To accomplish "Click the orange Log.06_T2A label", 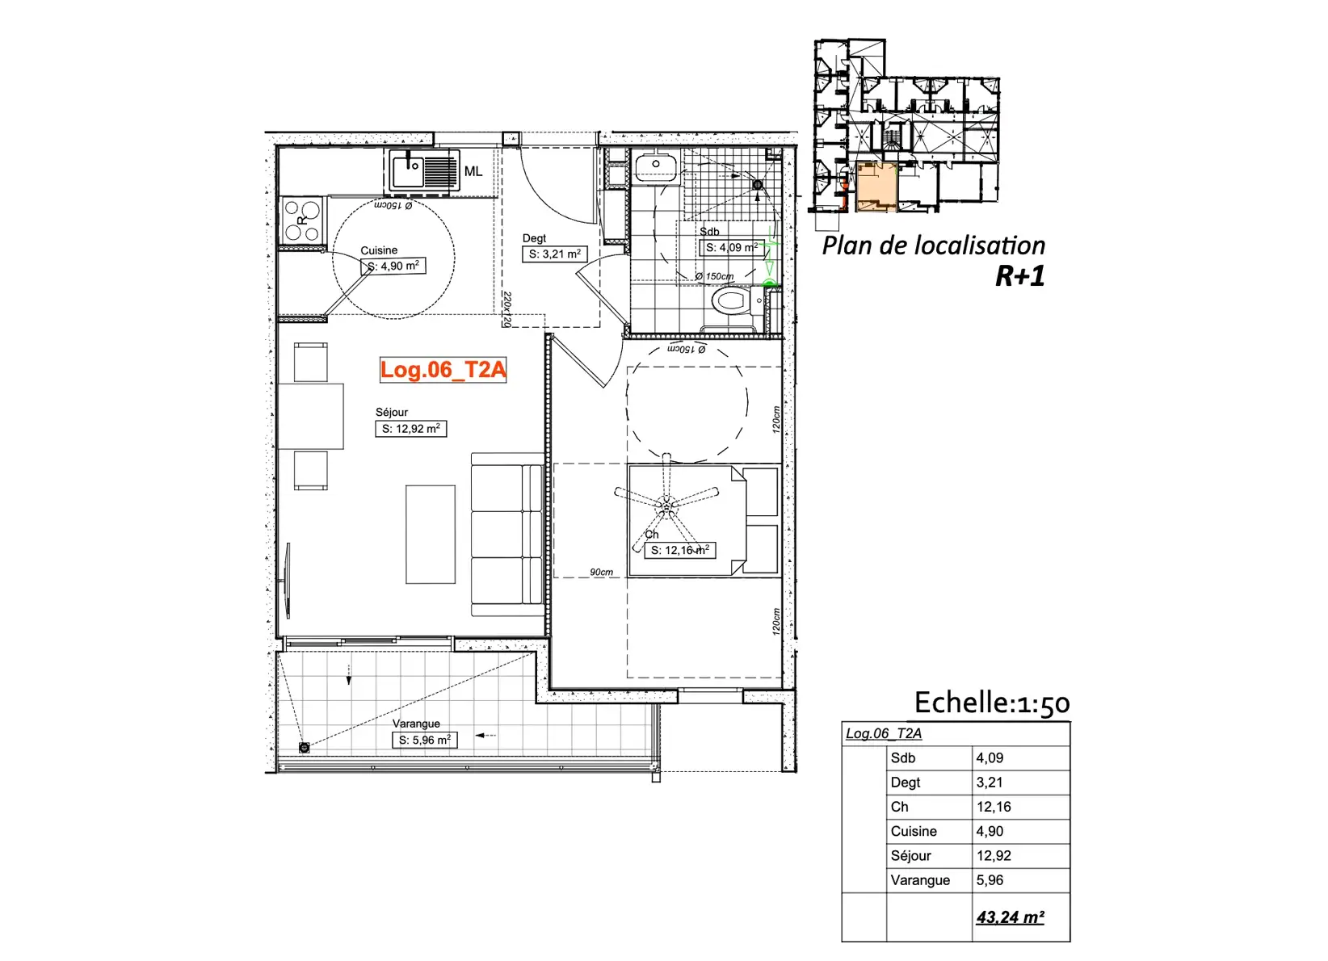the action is tap(443, 370).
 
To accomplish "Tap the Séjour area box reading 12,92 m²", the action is tap(411, 429).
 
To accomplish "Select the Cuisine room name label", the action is tap(379, 250).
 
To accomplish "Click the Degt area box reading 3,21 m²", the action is tap(554, 254).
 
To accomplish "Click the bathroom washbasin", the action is tap(656, 166).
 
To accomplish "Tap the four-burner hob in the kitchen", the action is tap(302, 220).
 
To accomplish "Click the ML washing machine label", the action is tap(473, 171).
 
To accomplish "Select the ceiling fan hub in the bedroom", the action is tap(666, 505).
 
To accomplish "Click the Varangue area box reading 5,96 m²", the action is tap(424, 740).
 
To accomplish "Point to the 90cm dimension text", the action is tap(601, 572).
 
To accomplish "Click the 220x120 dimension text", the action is tap(507, 308).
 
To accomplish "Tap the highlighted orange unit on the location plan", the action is tap(876, 187).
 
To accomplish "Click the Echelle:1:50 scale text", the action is tap(992, 703).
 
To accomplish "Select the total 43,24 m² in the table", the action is tap(1011, 917).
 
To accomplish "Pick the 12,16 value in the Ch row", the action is tap(994, 807).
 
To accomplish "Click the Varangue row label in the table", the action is tap(920, 880).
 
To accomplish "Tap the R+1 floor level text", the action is tap(1019, 276).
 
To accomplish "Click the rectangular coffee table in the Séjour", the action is tap(431, 535).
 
